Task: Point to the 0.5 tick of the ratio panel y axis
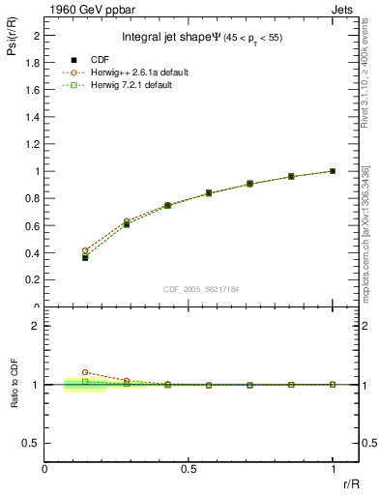33,442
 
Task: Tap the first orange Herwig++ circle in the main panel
85,250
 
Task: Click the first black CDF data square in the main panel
85,257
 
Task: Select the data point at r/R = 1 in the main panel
333,171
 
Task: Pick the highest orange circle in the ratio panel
85,372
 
